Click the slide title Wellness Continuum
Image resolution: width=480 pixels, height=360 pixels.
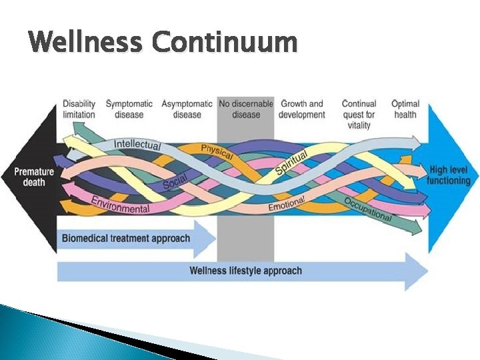(x=163, y=43)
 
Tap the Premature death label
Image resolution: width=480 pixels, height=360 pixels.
(x=35, y=177)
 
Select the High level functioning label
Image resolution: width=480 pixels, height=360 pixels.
(x=450, y=175)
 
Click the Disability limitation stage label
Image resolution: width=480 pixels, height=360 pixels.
(x=79, y=109)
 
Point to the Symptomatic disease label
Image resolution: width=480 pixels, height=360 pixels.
(x=129, y=109)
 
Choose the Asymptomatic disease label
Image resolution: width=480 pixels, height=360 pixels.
(x=187, y=109)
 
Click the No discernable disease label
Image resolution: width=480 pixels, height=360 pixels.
(x=246, y=109)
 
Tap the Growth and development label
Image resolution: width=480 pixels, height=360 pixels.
(x=301, y=109)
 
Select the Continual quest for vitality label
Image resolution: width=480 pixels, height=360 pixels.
(x=359, y=114)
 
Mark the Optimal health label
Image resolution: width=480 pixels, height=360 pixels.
(x=405, y=109)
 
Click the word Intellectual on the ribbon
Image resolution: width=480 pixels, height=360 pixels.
(x=137, y=144)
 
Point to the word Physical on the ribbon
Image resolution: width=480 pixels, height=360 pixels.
(x=217, y=151)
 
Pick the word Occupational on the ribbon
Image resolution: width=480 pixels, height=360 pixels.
(x=368, y=209)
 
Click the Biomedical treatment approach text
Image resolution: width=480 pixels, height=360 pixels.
(x=126, y=239)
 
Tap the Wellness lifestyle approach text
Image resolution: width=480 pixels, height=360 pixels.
(x=245, y=271)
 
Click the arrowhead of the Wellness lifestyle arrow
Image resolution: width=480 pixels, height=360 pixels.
(x=417, y=271)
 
